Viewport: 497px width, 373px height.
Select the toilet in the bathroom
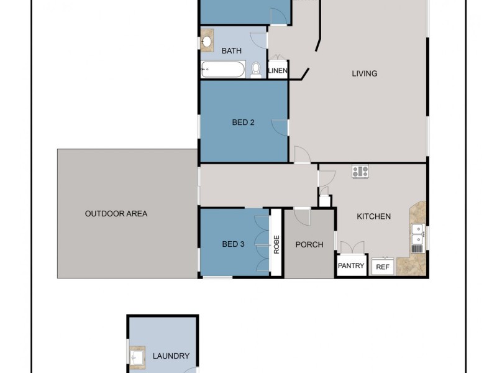click(x=256, y=70)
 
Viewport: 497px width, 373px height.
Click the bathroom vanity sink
click(x=207, y=42)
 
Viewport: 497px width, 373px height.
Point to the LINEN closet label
click(x=278, y=71)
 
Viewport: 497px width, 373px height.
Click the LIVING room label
click(x=365, y=73)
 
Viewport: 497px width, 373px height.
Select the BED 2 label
click(x=244, y=122)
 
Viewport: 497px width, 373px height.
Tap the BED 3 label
click(x=233, y=244)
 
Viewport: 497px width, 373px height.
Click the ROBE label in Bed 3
click(x=276, y=244)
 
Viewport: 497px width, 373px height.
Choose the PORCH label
click(x=309, y=244)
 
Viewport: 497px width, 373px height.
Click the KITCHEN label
click(x=373, y=216)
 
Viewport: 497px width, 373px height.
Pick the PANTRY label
click(x=351, y=266)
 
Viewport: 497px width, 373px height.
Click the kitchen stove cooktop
click(x=360, y=172)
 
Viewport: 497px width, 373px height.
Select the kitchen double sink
click(x=418, y=234)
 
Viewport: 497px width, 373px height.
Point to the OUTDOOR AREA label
click(x=116, y=214)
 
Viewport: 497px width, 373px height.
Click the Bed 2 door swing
click(x=281, y=127)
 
